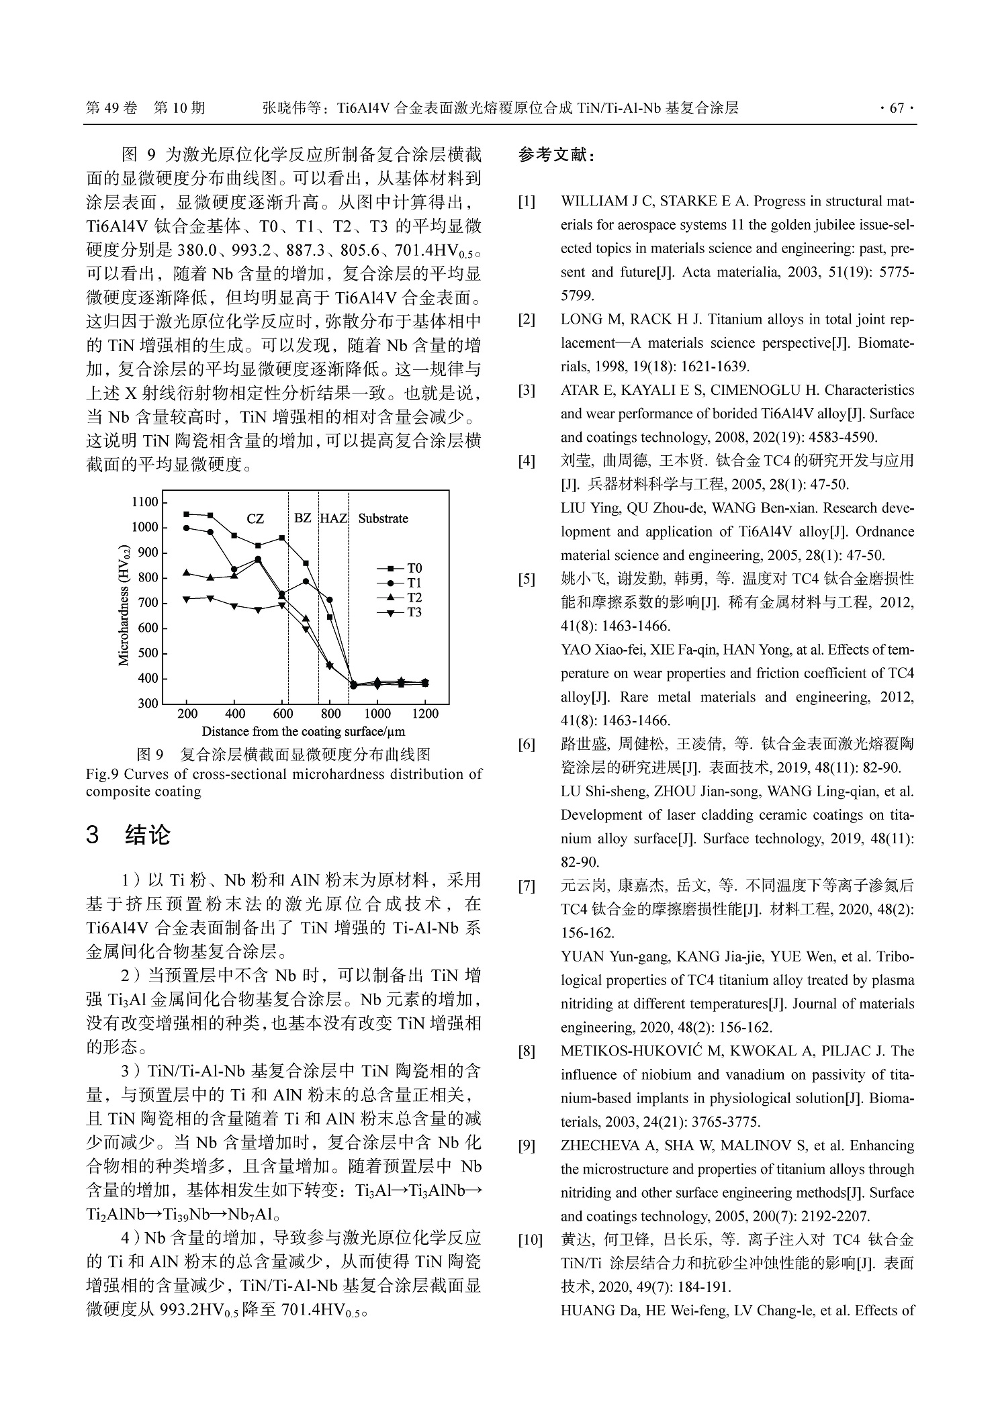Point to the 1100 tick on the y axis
click(x=144, y=502)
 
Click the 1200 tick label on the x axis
click(x=425, y=714)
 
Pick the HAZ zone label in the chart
click(x=333, y=518)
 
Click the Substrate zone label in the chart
click(x=383, y=518)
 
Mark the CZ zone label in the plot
click(x=255, y=519)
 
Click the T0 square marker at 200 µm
click(x=187, y=514)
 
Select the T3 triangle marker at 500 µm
click(x=258, y=610)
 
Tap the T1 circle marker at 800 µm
click(x=330, y=600)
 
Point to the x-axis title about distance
click(x=303, y=732)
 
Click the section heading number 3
click(x=93, y=835)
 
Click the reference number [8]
click(x=527, y=1051)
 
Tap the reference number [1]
click(x=527, y=201)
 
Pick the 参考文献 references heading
click(x=555, y=156)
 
